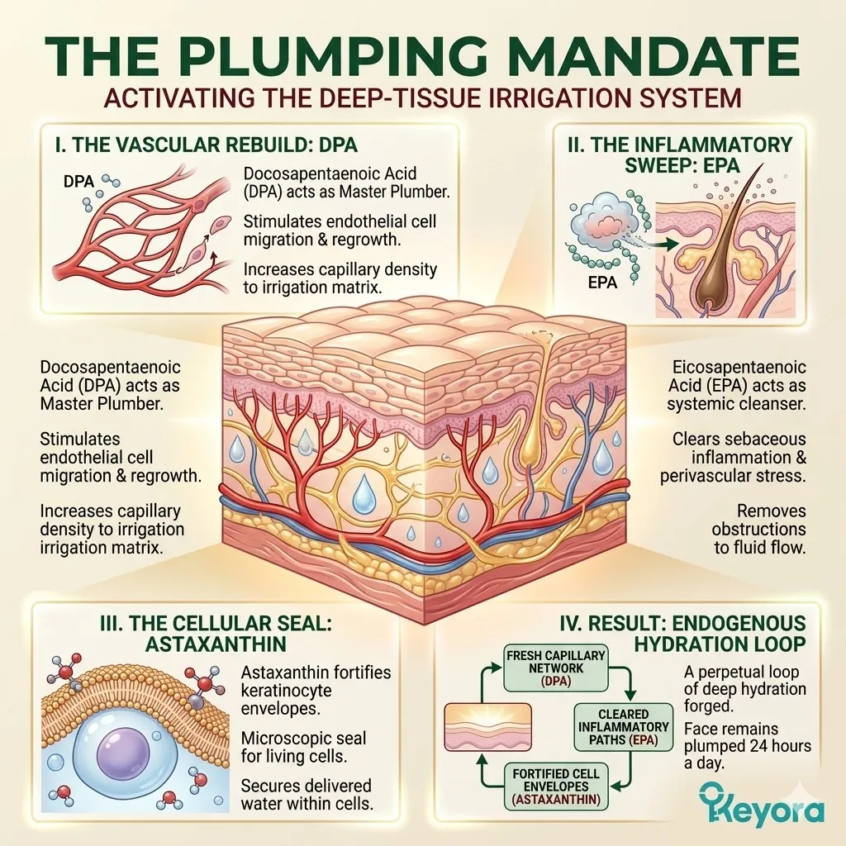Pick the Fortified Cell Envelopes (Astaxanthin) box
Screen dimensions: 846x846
[556, 786]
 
